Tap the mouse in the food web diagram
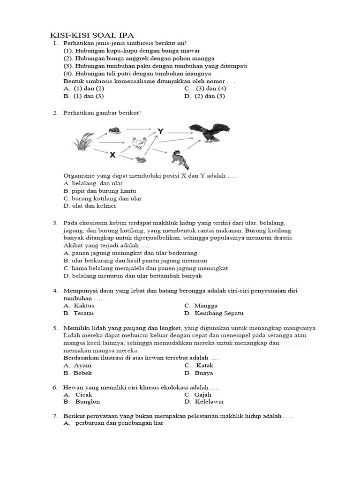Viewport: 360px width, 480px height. (x=114, y=130)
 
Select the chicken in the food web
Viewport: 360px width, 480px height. (x=138, y=142)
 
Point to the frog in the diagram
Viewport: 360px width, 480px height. (x=140, y=160)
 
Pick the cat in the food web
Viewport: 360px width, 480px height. (x=180, y=158)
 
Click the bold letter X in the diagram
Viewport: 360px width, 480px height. (x=112, y=154)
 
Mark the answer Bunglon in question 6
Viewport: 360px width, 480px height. (x=87, y=402)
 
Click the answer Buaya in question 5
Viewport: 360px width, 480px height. (x=204, y=373)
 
